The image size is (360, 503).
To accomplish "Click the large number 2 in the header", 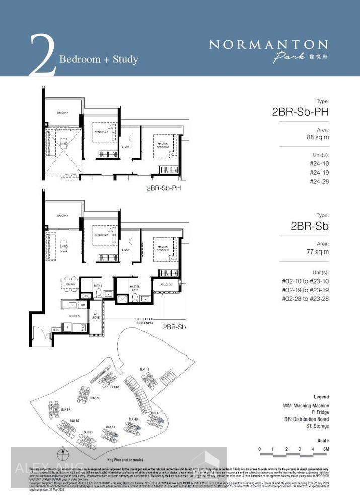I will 43,56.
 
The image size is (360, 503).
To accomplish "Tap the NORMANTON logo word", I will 268,45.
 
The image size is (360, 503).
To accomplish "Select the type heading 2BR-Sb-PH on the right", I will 300,112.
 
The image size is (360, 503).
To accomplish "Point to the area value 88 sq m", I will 318,137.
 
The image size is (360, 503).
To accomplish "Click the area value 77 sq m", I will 318,251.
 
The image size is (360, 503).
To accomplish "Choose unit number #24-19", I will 319,172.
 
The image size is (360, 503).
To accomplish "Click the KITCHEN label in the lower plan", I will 74,316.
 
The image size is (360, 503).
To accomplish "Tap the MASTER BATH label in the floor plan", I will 134,288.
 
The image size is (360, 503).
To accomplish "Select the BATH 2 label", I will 98,285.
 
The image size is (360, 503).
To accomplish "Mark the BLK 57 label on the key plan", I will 65,410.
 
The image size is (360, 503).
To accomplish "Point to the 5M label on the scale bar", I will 326,449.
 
